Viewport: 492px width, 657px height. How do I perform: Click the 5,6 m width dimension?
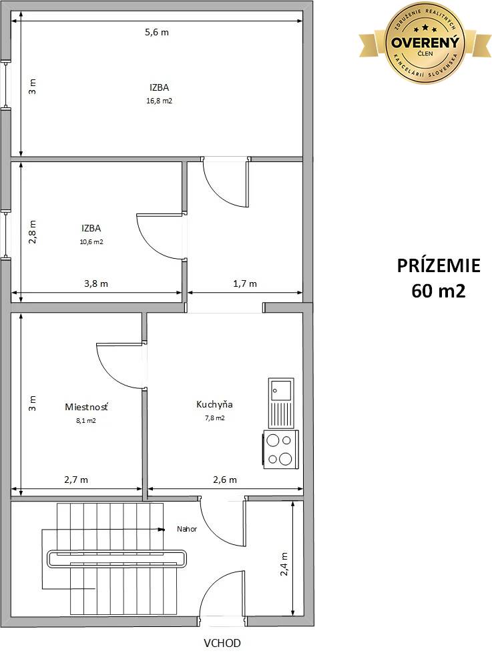tap(157, 32)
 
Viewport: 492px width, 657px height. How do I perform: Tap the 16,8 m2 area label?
tap(159, 101)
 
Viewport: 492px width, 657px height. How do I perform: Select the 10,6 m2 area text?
tap(91, 241)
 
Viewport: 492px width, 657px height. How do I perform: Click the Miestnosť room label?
tap(86, 407)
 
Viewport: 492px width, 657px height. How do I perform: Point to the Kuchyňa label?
tap(214, 405)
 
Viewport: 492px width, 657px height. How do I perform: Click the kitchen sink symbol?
tap(281, 402)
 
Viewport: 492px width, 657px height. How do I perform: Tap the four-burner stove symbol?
tap(281, 450)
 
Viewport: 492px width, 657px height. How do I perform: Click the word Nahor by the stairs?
tap(187, 529)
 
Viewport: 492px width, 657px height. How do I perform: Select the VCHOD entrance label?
tap(222, 643)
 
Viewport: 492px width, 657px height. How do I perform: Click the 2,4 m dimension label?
tap(284, 564)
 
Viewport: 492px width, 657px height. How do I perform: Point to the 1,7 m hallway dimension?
tap(245, 283)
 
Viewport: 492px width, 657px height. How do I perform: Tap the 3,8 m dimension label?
tap(96, 283)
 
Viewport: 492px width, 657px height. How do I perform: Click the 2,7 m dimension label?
tap(76, 480)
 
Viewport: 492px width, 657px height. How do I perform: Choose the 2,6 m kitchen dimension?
tap(225, 480)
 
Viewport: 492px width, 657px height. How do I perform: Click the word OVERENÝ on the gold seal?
tap(425, 42)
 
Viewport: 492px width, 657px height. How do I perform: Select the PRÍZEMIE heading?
tap(439, 265)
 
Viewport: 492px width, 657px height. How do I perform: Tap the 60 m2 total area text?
tap(439, 290)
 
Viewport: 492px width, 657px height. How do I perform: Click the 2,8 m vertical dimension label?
tap(32, 231)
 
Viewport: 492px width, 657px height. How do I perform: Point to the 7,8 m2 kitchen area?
tap(215, 418)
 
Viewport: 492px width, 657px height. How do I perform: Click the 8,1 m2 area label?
tap(86, 420)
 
